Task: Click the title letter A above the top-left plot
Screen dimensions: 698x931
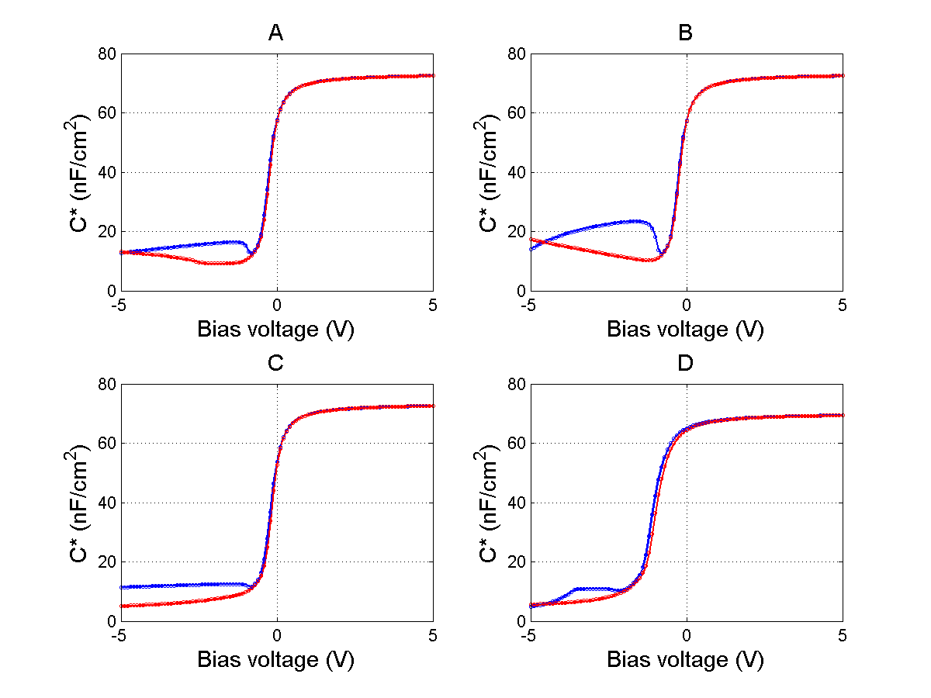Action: point(275,33)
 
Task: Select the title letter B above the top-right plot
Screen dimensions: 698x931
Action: point(685,33)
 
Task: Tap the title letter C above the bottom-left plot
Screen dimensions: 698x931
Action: point(275,363)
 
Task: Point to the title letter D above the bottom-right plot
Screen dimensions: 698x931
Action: point(685,363)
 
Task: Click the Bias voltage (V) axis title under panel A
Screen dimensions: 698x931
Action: point(275,330)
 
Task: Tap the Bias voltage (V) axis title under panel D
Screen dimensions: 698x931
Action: point(685,660)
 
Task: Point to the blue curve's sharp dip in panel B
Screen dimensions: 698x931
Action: point(659,252)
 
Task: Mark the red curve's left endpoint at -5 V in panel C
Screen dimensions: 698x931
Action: point(121,606)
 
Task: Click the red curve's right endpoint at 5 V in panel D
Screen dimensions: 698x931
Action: point(843,416)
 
